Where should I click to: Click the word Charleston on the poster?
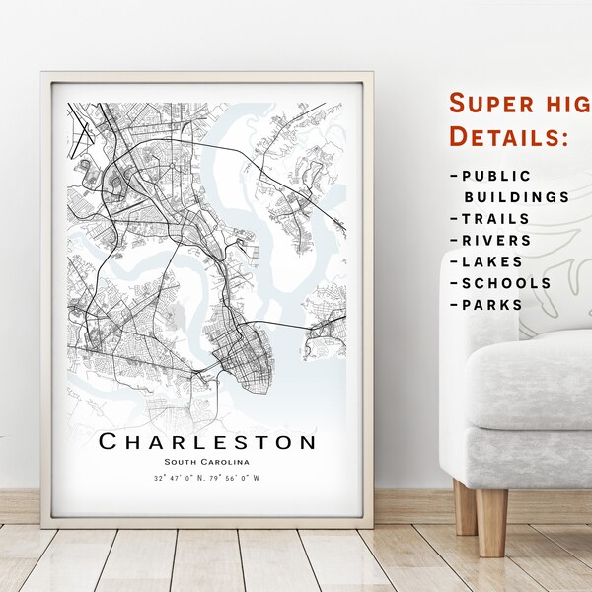[x=207, y=441]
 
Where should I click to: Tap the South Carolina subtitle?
[x=207, y=462]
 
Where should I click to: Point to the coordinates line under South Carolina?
[x=207, y=479]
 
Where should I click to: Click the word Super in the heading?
[x=487, y=103]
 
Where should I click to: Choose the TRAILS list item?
[x=489, y=219]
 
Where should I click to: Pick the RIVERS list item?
[x=490, y=241]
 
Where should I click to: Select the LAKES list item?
[x=487, y=262]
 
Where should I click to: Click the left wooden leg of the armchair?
[x=465, y=506]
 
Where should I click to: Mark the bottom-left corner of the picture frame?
[x=42, y=526]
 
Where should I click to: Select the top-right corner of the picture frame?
[x=373, y=72]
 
